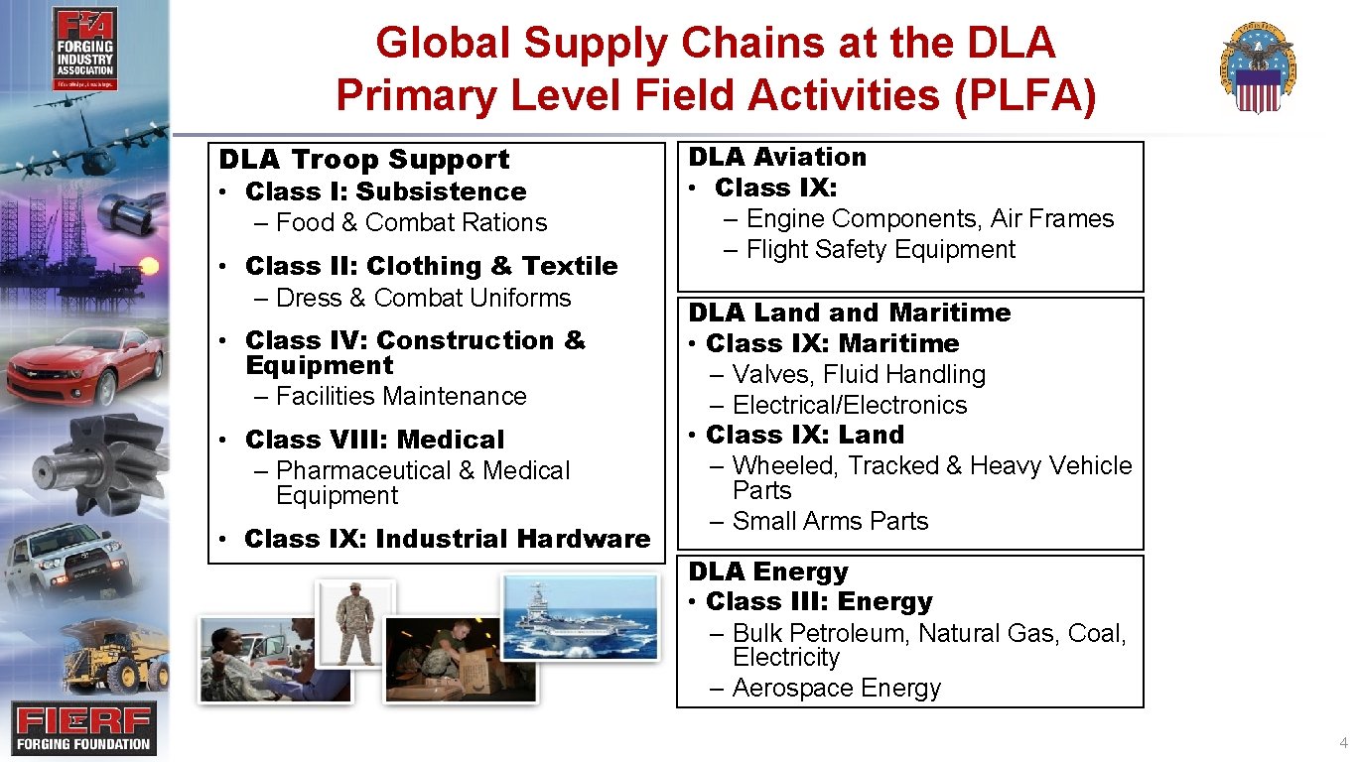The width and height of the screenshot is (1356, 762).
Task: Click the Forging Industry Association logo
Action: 85,49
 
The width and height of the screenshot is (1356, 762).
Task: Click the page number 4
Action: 1343,743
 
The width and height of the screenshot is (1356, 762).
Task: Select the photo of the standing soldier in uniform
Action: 355,623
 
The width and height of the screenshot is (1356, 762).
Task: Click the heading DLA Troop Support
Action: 363,160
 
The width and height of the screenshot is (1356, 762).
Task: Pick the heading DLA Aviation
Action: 777,157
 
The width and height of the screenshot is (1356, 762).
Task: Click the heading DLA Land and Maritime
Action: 850,313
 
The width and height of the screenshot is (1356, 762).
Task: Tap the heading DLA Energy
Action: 768,571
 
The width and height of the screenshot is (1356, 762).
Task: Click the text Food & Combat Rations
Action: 411,222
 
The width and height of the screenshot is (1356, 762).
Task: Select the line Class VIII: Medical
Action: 374,440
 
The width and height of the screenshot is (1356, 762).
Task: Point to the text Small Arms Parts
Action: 830,521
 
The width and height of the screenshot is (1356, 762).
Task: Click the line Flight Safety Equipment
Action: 881,249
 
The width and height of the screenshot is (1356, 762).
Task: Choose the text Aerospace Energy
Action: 836,688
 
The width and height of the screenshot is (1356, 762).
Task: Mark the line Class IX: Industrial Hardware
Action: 447,539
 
